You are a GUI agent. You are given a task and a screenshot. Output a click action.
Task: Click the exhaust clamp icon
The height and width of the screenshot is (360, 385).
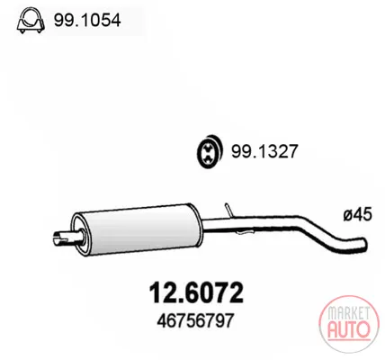tap(31, 21)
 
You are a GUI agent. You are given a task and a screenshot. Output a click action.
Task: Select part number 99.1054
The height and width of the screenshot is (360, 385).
tap(87, 21)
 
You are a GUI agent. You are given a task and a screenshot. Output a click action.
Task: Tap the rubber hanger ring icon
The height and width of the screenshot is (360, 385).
tap(210, 151)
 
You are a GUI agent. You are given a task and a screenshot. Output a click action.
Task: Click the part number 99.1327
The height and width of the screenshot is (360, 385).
tap(264, 151)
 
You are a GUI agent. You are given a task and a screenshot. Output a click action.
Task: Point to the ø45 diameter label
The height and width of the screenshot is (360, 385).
tap(357, 215)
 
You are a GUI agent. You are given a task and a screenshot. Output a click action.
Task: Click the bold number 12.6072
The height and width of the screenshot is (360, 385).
tap(196, 292)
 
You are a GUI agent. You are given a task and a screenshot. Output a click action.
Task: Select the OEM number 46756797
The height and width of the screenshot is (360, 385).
tap(195, 321)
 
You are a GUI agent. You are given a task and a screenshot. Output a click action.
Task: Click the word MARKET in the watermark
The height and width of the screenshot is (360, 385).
tap(348, 313)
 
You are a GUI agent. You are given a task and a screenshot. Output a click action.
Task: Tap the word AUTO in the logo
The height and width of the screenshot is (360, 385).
tap(348, 329)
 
